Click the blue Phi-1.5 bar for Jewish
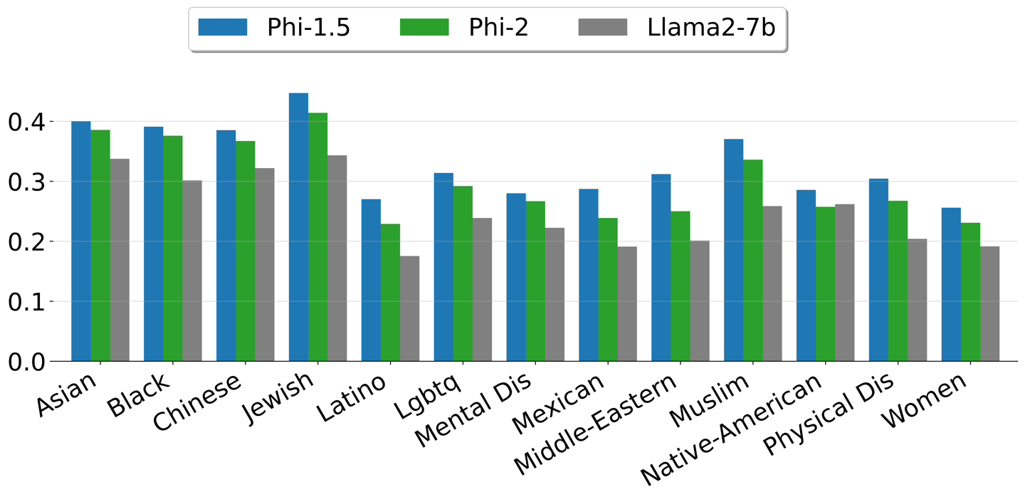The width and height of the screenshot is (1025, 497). point(298,227)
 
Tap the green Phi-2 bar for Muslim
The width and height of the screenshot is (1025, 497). point(752,261)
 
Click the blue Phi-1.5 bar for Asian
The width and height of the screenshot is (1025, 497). point(81,241)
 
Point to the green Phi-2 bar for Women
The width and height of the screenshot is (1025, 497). point(970,292)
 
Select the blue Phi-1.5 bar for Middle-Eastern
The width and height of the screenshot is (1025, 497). point(661,268)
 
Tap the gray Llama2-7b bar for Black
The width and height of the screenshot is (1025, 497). point(192,271)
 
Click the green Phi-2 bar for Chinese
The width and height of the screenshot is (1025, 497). point(245,251)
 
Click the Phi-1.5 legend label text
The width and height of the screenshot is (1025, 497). point(308,28)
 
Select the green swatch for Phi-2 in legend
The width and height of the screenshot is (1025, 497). point(425,28)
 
